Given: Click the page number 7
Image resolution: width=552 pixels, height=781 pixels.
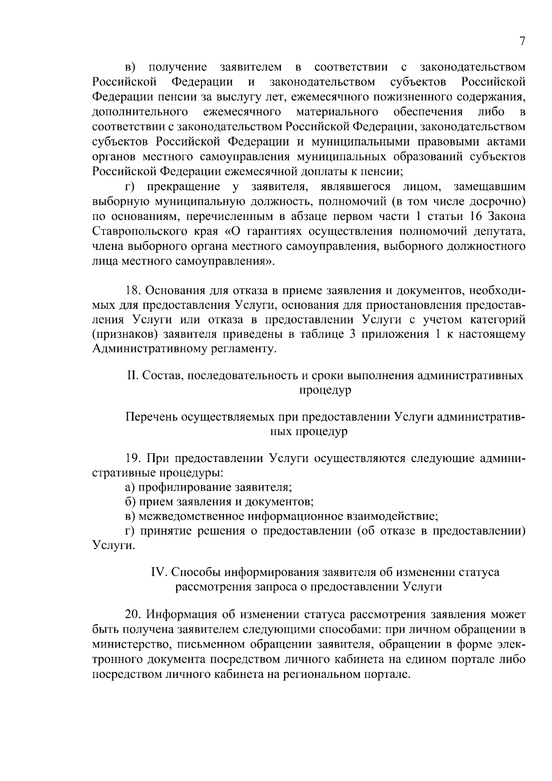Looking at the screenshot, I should tap(522, 41).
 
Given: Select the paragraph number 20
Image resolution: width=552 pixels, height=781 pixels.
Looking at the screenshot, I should tap(133, 614).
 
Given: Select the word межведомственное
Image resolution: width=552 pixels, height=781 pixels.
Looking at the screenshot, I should tap(189, 516).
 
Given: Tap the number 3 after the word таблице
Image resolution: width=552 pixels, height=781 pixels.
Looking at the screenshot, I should tap(352, 334).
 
